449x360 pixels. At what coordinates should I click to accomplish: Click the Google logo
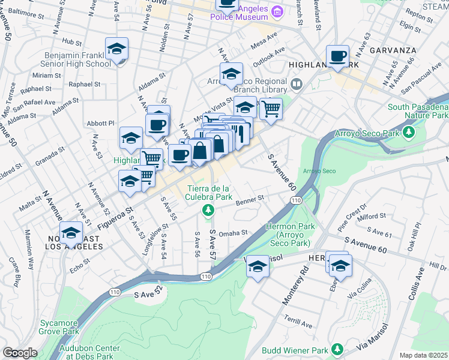tap(20, 352)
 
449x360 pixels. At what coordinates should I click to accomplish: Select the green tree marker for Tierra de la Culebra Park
tap(208, 209)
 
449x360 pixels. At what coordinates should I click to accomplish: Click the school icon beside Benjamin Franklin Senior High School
tap(116, 49)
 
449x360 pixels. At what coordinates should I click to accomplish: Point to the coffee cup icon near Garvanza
tap(337, 56)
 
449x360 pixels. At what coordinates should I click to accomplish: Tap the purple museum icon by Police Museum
tap(277, 11)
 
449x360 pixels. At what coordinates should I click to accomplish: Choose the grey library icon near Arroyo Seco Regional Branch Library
tap(296, 83)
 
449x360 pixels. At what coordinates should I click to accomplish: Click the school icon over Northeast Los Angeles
tap(71, 233)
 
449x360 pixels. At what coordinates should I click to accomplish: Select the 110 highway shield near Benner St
tap(294, 200)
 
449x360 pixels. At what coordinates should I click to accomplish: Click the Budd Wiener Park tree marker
tap(337, 349)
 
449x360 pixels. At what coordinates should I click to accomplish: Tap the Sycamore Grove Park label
tap(59, 326)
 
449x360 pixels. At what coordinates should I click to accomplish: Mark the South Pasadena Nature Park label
tap(418, 111)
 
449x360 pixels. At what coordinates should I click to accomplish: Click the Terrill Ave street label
tap(298, 322)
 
